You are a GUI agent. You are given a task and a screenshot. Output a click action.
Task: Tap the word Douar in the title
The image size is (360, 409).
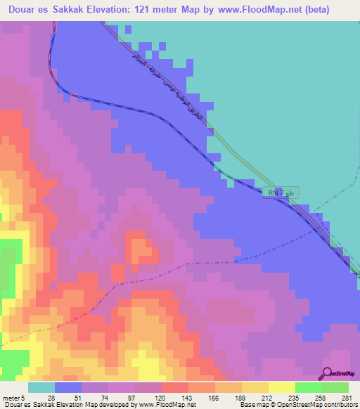coord(23,10)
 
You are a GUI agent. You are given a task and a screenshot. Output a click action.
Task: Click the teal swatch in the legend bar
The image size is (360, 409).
coord(41,388)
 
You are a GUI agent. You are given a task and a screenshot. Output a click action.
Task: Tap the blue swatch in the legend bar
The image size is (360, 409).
coord(68,388)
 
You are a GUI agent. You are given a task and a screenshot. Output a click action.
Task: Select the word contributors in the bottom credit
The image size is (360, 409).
coord(340,405)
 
